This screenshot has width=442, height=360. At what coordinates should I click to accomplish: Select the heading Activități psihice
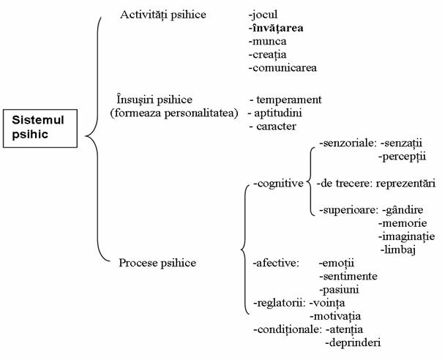(x=163, y=15)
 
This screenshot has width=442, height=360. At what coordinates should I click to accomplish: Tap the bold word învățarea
(x=277, y=29)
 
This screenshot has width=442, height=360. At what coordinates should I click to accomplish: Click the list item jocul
(x=264, y=15)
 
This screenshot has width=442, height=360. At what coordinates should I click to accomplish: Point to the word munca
(x=269, y=42)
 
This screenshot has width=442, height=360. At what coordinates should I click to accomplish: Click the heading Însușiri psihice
(x=164, y=99)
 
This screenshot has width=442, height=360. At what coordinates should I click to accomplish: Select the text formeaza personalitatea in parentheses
(x=173, y=113)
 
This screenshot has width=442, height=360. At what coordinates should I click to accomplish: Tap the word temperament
(x=290, y=99)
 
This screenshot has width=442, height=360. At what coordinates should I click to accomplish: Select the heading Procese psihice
(x=157, y=262)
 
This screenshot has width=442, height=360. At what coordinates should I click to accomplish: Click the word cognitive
(x=280, y=183)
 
